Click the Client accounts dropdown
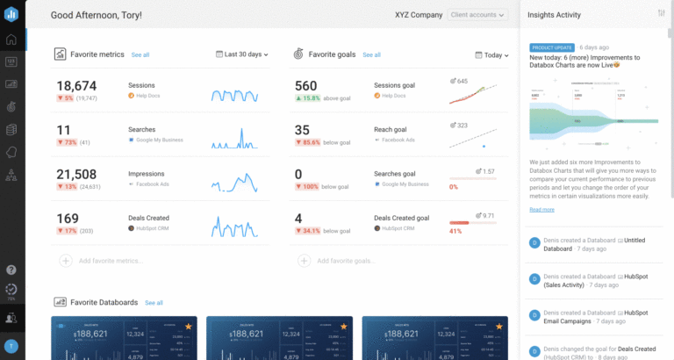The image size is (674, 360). [477, 15]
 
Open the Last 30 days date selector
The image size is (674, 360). [241, 54]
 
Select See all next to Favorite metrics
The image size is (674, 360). [140, 55]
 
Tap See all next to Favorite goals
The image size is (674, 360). [372, 55]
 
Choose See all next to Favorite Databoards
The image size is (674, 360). [154, 303]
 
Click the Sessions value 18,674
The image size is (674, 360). [76, 86]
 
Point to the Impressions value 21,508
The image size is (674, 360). [76, 174]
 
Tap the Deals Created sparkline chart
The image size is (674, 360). [234, 226]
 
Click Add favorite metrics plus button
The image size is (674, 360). [66, 261]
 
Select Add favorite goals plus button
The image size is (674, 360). [303, 261]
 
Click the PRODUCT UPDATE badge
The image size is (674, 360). [550, 47]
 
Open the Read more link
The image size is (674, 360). [541, 210]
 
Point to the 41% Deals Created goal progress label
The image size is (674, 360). [455, 232]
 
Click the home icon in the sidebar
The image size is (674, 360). [12, 40]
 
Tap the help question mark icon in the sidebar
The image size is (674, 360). [12, 270]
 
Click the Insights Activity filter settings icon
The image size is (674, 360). [661, 13]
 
